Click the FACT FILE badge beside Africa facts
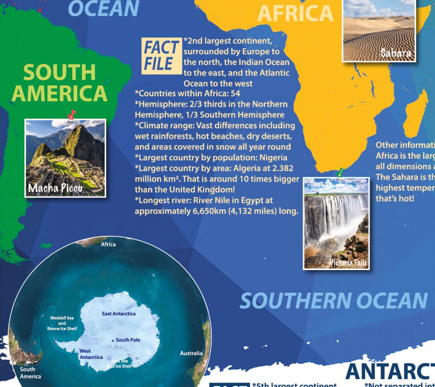coord(161,56)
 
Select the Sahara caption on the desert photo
coord(396,53)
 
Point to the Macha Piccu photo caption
coord(55,188)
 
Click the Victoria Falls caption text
coord(348,263)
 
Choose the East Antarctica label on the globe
coord(119,314)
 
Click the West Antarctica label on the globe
coord(91,354)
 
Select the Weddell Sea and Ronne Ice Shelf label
coord(62,323)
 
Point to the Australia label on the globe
coord(191,353)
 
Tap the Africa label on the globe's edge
coord(108,244)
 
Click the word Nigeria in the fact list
coord(272,157)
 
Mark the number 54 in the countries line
coord(235,94)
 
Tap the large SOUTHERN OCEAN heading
coord(333,300)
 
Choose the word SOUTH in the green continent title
coord(59,73)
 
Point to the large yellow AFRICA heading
coord(295,13)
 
